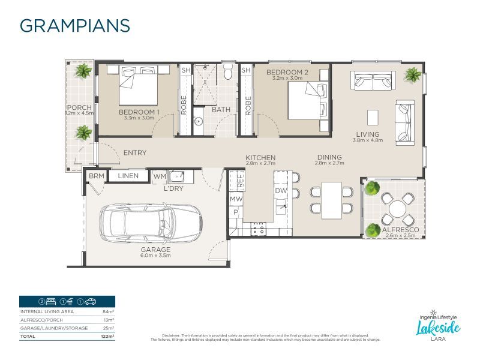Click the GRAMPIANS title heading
(74, 26)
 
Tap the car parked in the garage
(149, 223)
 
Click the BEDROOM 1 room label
(139, 112)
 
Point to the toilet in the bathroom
(227, 73)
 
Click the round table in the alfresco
(397, 209)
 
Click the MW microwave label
(236, 199)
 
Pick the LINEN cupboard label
(128, 176)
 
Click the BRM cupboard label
(96, 176)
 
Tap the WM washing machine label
(160, 176)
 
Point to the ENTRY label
(134, 153)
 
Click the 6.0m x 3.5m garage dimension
(156, 256)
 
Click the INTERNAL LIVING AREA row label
(48, 312)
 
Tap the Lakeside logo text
(439, 327)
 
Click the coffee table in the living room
(373, 116)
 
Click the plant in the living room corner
(413, 75)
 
